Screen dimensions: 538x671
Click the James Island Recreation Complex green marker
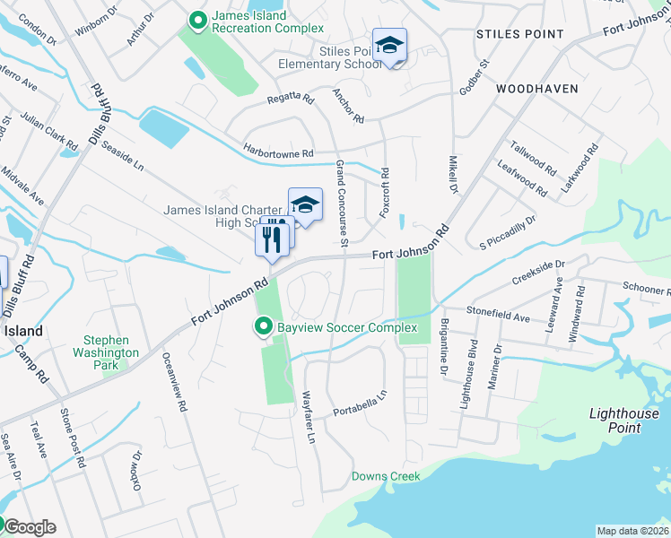[197, 18]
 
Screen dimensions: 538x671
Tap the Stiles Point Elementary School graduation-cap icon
[389, 46]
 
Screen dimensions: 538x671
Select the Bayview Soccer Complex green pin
[264, 327]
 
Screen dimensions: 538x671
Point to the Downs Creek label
[386, 476]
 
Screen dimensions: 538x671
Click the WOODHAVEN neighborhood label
[530, 90]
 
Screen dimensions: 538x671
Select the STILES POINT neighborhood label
[520, 34]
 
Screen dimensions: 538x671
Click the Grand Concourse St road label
[342, 201]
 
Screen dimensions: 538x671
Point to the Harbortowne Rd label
[277, 152]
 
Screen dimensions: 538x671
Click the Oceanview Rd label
[175, 381]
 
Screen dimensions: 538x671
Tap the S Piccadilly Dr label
[507, 230]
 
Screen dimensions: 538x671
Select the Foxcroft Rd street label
[385, 190]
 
